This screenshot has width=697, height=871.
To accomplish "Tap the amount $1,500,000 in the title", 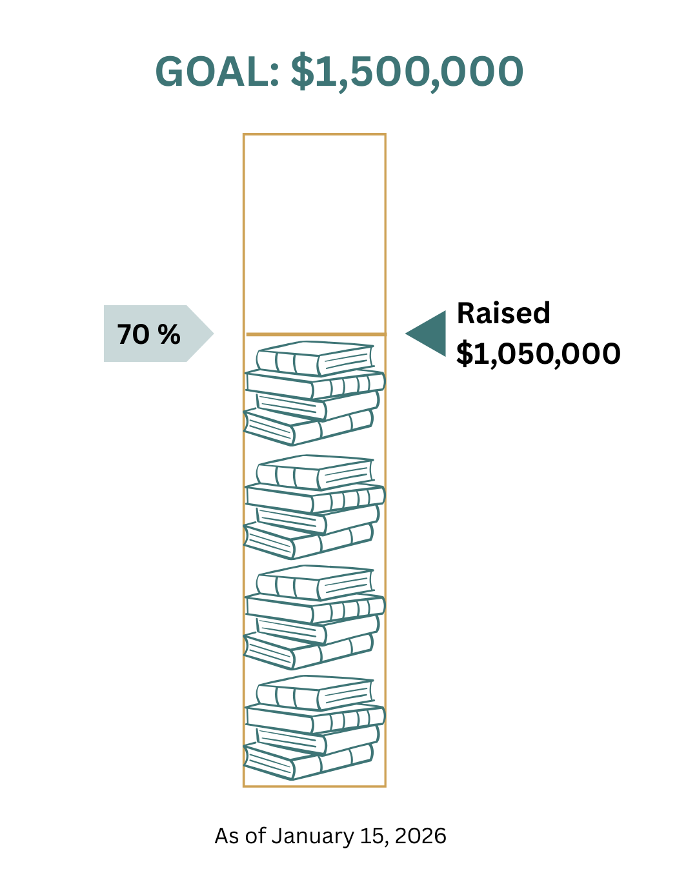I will click(407, 72).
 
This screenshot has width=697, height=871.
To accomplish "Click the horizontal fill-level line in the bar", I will click(315, 334).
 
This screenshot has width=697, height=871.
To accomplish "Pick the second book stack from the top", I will click(314, 506).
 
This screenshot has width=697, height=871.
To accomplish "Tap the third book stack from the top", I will click(314, 617).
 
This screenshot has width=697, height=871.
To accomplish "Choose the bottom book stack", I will click(314, 727).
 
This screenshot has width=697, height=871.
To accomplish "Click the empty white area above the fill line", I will click(314, 232).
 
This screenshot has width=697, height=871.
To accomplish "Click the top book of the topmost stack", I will click(314, 358).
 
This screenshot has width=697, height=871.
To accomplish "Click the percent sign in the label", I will click(169, 334).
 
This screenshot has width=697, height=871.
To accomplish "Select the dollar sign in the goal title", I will click(302, 72).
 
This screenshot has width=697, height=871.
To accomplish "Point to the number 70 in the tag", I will click(133, 334).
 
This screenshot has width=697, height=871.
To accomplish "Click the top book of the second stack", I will click(314, 472).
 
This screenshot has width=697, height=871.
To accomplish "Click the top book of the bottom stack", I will click(314, 693).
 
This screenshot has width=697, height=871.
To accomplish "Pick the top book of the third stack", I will click(314, 583).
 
